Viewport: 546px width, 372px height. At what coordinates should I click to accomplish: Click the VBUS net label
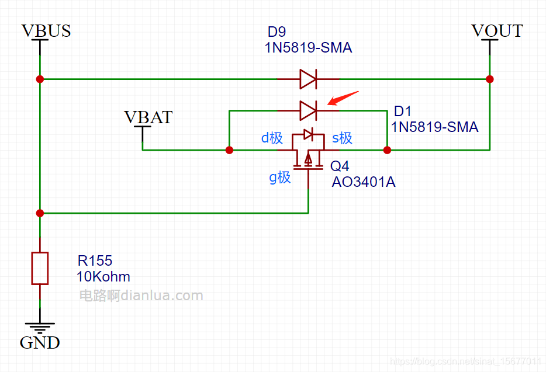coord(46,31)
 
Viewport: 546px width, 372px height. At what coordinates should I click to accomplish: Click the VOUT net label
coord(497,31)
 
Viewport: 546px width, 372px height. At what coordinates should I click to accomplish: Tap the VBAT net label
coord(148,117)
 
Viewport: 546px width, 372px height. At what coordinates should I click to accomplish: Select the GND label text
coord(40,343)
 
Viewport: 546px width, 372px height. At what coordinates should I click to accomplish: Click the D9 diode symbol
coord(308,79)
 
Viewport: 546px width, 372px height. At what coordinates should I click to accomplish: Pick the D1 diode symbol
coord(308,109)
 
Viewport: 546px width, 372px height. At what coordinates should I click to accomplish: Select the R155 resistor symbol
coord(40,269)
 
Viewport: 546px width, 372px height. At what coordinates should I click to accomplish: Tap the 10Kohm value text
coord(103,276)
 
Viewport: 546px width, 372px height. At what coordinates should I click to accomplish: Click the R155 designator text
coord(95,260)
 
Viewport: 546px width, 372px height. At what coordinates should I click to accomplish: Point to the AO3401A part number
coord(364,182)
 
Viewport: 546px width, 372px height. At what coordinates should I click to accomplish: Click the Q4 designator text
coord(340,166)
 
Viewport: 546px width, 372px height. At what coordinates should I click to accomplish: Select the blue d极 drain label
coord(272,138)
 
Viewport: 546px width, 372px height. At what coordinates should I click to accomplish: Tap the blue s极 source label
coord(342,138)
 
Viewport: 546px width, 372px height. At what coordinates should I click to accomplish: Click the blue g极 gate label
coord(280,176)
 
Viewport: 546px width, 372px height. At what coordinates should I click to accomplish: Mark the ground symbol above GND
coord(40,326)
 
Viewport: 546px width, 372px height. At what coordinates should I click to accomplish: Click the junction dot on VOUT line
coord(490,79)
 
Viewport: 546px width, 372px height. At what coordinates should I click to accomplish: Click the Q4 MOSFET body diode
coord(309,134)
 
